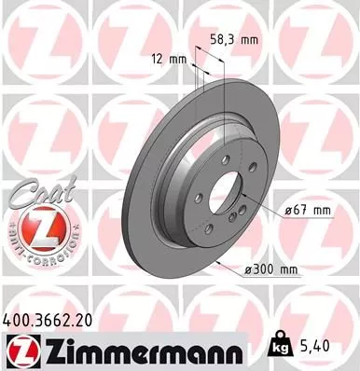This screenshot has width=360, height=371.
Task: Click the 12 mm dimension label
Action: pyautogui.click(x=168, y=58)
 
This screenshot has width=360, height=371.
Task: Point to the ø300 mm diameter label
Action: pyautogui.click(x=270, y=269)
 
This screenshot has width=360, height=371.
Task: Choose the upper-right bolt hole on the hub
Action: pyautogui.click(x=252, y=168)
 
